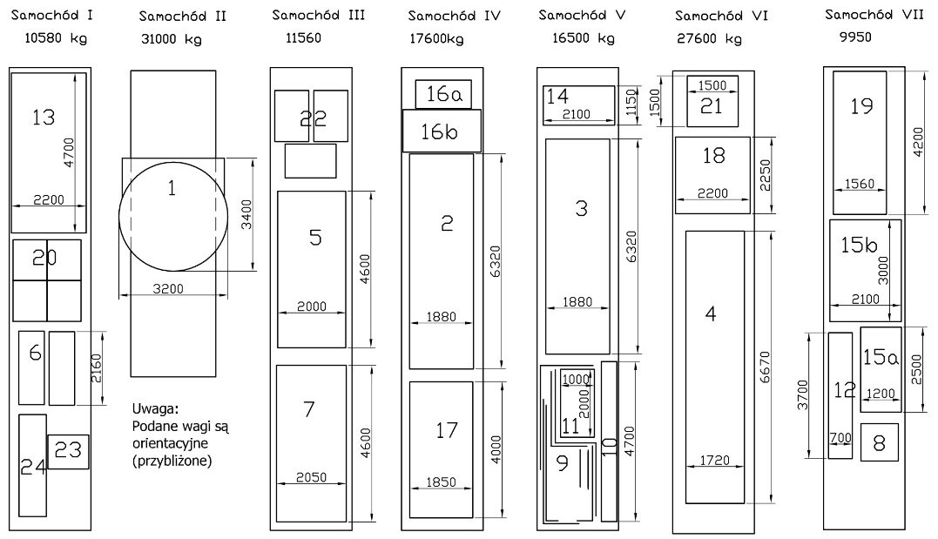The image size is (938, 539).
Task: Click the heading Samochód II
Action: point(182,17)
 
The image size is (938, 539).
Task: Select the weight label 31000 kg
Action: point(171,39)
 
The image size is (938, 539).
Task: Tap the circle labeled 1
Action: point(173,216)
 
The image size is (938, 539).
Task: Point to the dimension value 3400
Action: point(246,214)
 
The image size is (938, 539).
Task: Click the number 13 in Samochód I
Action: point(43,118)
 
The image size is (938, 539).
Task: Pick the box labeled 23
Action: point(68,452)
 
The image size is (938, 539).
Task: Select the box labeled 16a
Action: point(443,94)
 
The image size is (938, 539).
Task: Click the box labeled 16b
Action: point(442,131)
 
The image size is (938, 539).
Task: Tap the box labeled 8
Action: point(880,442)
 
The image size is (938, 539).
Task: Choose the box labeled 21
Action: point(712,101)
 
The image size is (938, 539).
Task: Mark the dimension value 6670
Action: point(765,367)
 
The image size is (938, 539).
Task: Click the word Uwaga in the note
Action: point(155,409)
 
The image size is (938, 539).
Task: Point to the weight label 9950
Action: point(855,37)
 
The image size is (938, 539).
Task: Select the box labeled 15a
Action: point(881,369)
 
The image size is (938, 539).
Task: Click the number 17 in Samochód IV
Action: point(446,430)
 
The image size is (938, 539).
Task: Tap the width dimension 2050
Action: point(311,477)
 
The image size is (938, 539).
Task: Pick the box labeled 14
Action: point(578,105)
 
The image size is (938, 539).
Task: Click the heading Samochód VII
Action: point(874,15)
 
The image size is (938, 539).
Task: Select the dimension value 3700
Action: point(803,394)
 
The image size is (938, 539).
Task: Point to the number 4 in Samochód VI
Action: point(711,313)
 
